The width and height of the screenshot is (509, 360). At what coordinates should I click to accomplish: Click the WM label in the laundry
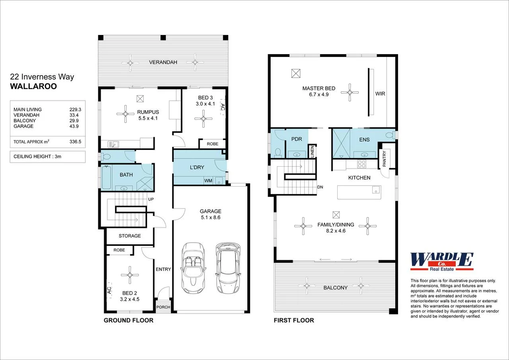[x=208, y=181]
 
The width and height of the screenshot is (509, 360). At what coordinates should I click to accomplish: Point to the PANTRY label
[x=384, y=159]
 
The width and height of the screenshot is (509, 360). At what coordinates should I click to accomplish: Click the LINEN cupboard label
[x=312, y=152]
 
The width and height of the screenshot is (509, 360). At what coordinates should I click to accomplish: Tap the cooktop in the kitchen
[x=361, y=163]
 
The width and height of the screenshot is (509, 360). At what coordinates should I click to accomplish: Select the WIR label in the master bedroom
[x=380, y=94]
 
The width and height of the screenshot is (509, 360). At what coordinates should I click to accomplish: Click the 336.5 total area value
[x=75, y=142]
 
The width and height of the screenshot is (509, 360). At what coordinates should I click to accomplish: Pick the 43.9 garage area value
[x=75, y=126]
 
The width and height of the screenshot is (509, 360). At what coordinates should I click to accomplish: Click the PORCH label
[x=163, y=307]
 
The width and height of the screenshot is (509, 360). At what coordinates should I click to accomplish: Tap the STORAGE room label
[x=130, y=236]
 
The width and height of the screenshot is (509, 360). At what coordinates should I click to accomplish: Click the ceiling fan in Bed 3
[x=204, y=118]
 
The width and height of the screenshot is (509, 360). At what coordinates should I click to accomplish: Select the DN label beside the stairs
[x=320, y=187]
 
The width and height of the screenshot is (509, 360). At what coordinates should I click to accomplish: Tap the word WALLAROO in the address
[x=33, y=86]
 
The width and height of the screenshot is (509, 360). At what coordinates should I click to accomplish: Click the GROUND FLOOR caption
[x=128, y=320]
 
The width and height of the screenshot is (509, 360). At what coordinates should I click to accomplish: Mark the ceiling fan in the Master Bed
[x=350, y=92]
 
